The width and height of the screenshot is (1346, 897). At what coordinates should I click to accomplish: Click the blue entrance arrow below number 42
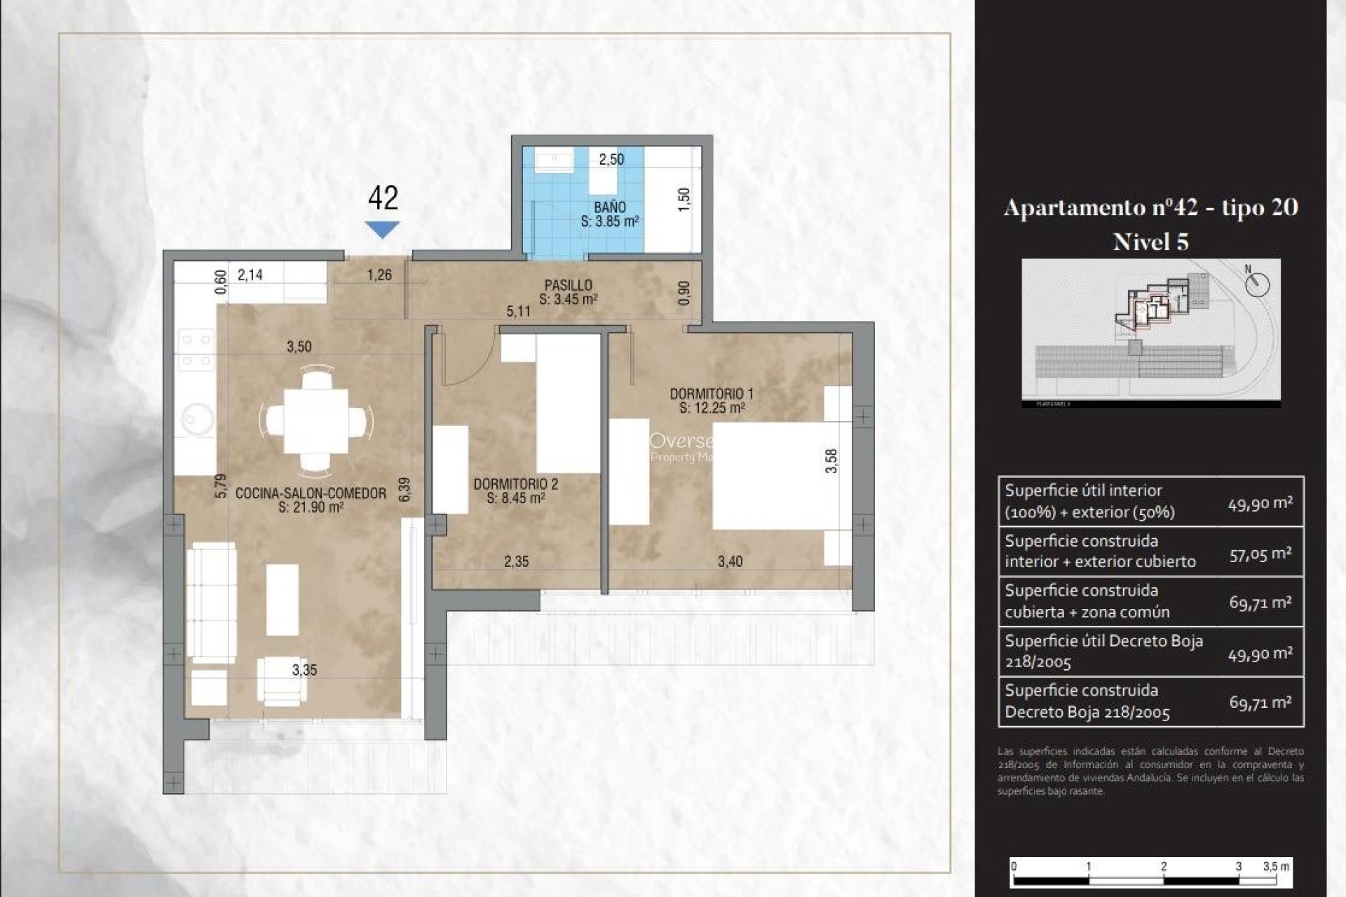click(382, 228)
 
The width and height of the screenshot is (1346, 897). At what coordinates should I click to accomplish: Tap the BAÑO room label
click(609, 207)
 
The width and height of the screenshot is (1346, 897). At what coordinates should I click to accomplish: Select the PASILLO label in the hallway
click(568, 285)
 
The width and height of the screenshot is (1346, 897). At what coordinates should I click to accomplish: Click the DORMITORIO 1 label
click(711, 394)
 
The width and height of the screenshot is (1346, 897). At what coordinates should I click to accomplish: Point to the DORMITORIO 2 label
click(515, 484)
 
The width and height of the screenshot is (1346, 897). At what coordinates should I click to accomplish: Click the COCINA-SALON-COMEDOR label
click(311, 493)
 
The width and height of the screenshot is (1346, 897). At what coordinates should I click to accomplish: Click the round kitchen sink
click(197, 418)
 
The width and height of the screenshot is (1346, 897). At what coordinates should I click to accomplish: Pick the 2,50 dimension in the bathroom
click(611, 159)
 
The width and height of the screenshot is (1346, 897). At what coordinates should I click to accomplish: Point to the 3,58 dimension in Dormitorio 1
click(831, 460)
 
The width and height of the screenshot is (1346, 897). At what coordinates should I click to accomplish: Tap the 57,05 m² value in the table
click(1260, 554)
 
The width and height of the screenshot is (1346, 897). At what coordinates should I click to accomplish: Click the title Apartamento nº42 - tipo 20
click(1150, 207)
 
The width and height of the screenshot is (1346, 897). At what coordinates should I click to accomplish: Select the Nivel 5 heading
click(1150, 242)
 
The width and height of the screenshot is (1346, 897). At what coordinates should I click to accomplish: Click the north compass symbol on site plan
click(1258, 284)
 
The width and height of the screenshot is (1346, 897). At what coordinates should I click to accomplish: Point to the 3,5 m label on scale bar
click(1275, 866)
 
